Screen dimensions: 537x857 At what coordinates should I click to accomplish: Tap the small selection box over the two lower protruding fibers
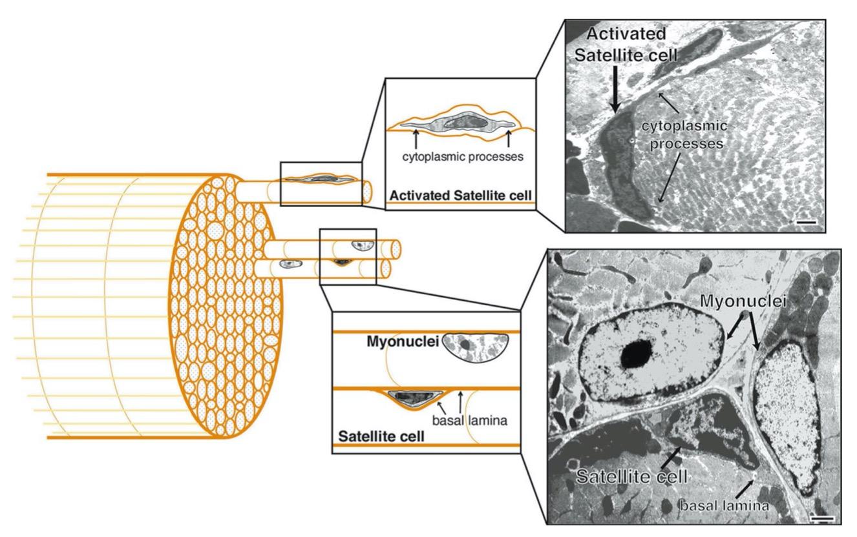coord(348,256)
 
